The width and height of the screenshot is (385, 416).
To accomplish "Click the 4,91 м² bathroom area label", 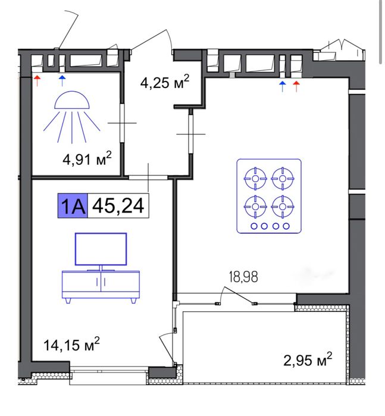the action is point(87,159).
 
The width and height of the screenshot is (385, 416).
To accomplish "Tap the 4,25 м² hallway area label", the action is point(165,82).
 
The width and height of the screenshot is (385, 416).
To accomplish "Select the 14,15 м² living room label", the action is point(71,345).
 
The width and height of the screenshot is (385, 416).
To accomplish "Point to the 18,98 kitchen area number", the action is point(243,277).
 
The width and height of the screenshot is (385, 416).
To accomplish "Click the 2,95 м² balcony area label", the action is point(308,359).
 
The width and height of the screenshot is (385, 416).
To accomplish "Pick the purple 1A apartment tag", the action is point(73,205).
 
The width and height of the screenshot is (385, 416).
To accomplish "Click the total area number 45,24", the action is point(118,205).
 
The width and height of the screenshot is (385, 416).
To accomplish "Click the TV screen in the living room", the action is point(101,249).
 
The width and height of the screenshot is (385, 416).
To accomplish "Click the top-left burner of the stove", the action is point(255,179).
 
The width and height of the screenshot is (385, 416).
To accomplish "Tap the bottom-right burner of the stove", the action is point(283,207).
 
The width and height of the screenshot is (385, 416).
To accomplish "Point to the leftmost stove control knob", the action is point(254,226).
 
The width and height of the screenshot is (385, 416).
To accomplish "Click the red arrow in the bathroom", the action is point(37,81).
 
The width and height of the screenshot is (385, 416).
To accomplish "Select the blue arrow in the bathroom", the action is point(62,81).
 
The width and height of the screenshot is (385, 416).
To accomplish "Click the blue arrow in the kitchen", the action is point(283,86).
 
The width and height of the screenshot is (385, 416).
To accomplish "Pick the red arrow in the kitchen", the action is point(296,86).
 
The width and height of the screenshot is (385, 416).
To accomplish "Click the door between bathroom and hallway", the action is point(122,123).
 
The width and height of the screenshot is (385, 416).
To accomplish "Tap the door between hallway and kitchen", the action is point(190,134).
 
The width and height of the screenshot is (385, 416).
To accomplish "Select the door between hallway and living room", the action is point(148,177).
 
